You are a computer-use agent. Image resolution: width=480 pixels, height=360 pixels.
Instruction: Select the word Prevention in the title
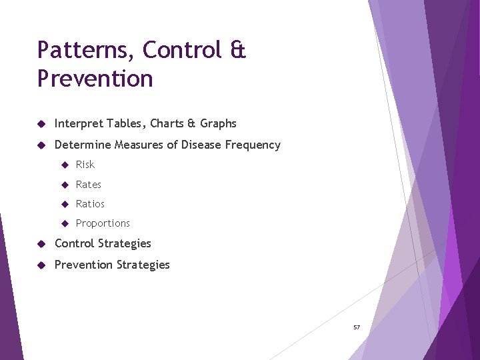[x=95, y=79]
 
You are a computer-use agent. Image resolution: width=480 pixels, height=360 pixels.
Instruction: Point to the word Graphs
[x=218, y=123]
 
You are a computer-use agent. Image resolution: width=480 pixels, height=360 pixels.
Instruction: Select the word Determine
[x=83, y=145]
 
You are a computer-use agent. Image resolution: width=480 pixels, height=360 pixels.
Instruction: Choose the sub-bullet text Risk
[x=85, y=165]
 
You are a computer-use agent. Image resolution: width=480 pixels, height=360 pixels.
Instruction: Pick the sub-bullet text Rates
[x=89, y=185]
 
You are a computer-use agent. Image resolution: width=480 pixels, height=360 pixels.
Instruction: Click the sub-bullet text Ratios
[x=90, y=204]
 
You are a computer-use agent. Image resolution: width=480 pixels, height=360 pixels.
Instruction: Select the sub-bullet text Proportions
[x=103, y=223]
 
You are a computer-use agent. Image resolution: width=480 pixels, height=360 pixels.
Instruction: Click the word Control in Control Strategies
[x=75, y=243]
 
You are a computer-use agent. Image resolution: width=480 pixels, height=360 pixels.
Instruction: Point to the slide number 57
[x=357, y=327]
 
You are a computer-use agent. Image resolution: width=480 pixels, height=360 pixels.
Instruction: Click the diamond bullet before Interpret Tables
[x=41, y=124]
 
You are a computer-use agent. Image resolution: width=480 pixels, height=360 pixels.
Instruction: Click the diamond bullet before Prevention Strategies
[x=41, y=265]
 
